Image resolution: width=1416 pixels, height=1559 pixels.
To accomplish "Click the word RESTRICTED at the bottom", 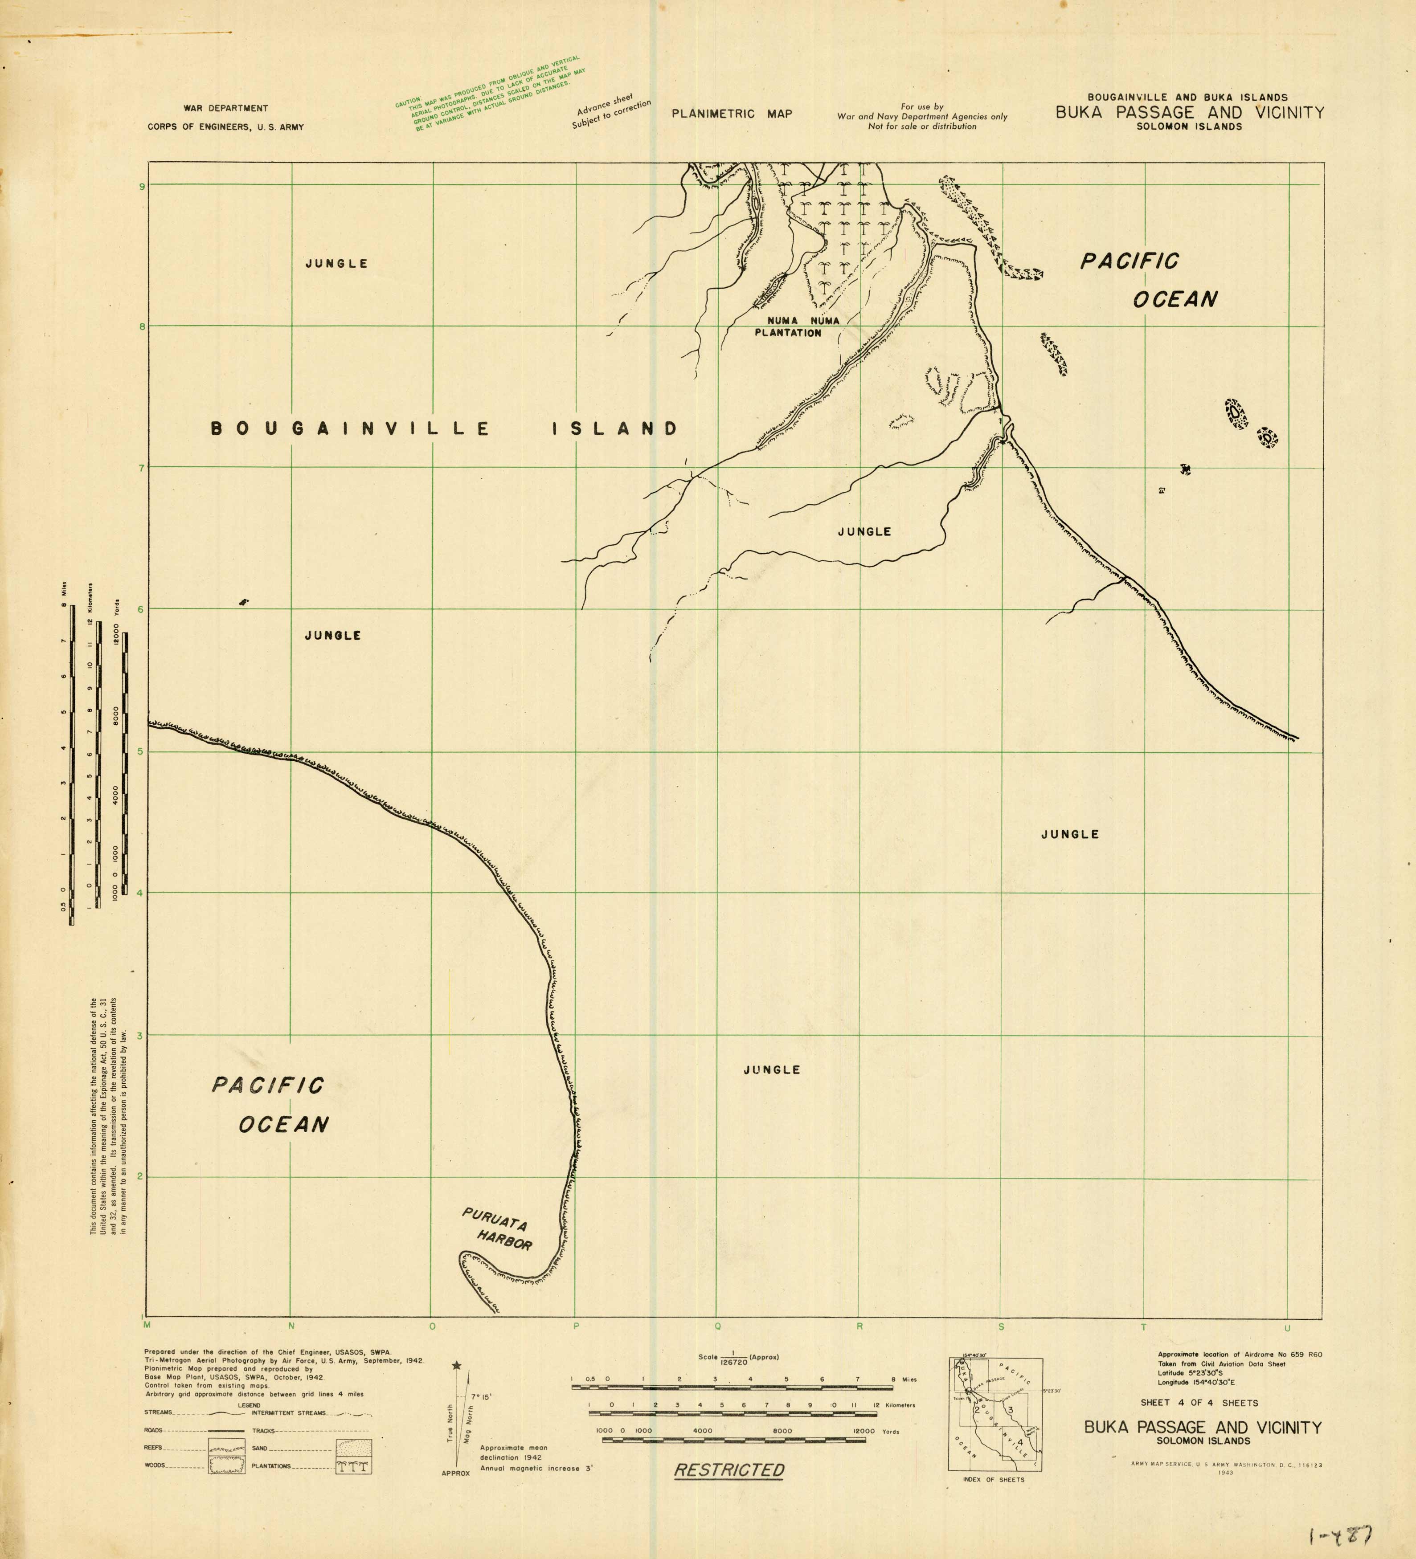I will (x=729, y=1470).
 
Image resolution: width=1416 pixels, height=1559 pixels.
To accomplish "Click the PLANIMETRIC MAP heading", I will (x=732, y=114).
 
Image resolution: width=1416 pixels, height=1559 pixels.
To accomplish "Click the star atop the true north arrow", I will (x=457, y=1367).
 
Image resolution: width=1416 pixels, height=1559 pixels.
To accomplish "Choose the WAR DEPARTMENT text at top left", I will (x=226, y=108).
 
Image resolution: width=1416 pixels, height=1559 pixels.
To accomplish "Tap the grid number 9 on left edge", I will (x=142, y=186).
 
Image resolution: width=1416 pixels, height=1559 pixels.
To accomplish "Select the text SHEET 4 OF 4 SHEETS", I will (x=1199, y=1403).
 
